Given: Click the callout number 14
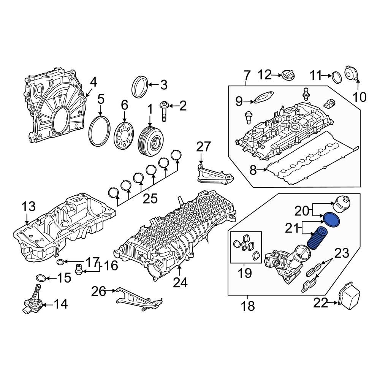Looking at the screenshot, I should pos(60,304).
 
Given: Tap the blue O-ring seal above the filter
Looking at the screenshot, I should pos(331,220).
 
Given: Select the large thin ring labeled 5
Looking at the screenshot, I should pos(100,132).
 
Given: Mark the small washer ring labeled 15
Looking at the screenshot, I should pos(41,278).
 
